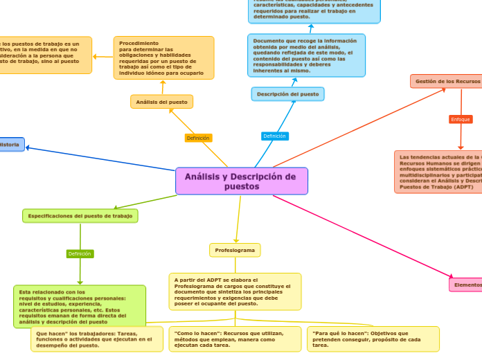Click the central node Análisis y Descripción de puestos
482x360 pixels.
[x=241, y=181]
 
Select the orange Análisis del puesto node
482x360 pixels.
[x=161, y=102]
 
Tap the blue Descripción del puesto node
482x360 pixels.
[x=287, y=93]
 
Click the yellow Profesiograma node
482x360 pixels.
[x=235, y=250]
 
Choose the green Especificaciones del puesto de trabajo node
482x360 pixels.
[x=80, y=216]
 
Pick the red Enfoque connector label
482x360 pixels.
[x=461, y=119]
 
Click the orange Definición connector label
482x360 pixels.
[x=198, y=138]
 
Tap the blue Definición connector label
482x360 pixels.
[x=275, y=136]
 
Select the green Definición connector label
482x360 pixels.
[x=80, y=253]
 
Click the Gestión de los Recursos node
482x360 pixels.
[x=447, y=81]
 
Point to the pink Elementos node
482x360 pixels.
[x=465, y=285]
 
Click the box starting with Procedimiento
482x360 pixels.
[x=163, y=57]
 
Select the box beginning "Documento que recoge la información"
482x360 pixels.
[x=306, y=55]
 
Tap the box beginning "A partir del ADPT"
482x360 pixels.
[x=235, y=291]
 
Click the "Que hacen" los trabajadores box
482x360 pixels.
[x=93, y=339]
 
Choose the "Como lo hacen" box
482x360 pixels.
[x=234, y=339]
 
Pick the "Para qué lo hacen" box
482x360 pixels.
[x=373, y=339]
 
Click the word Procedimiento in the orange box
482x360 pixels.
[x=139, y=43]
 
